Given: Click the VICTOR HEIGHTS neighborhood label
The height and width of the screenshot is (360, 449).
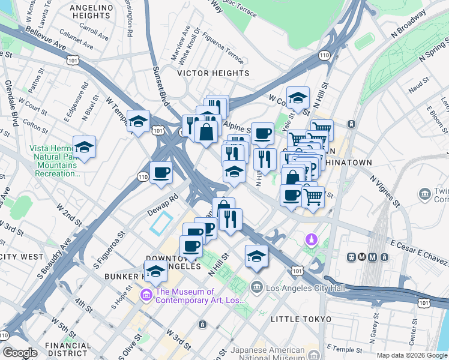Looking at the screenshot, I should pyautogui.click(x=213, y=73).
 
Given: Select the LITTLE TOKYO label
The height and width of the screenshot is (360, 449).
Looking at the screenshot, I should pyautogui.click(x=301, y=319).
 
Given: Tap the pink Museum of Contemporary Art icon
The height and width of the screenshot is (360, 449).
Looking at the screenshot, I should pyautogui.click(x=146, y=295).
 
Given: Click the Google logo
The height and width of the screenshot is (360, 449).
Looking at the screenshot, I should pyautogui.click(x=20, y=352).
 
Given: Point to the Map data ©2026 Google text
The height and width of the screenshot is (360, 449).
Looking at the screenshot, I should pyautogui.click(x=411, y=355).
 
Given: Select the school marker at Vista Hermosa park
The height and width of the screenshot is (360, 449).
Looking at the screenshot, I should pyautogui.click(x=84, y=147).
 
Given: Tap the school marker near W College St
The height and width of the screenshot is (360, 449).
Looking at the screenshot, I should pyautogui.click(x=298, y=98).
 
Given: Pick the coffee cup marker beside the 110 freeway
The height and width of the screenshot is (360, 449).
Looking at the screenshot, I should pyautogui.click(x=161, y=173).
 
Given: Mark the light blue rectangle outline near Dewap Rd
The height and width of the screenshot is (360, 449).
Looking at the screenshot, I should pyautogui.click(x=161, y=223).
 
